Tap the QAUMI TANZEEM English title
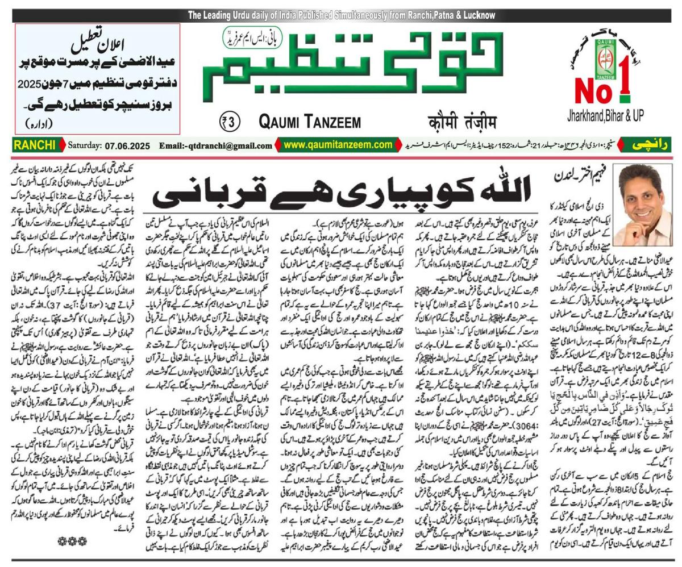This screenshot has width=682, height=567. [x=310, y=122]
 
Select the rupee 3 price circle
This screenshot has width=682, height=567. [x=230, y=122]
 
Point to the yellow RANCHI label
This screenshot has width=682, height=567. [x=35, y=145]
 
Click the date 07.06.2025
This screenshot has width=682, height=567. [x=127, y=146]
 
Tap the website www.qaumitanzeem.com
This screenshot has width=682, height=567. [x=338, y=145]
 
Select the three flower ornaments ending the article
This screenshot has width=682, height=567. [x=72, y=541]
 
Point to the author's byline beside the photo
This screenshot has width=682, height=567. [x=589, y=177]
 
